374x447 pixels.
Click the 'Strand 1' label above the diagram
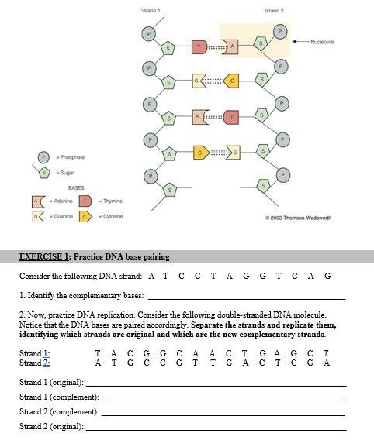click(x=151, y=10)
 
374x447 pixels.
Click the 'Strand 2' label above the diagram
click(x=273, y=10)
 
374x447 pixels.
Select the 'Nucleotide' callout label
click(x=322, y=41)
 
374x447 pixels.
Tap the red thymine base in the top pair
click(x=199, y=48)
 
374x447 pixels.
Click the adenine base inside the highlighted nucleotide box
click(x=231, y=48)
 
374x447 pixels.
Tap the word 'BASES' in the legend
click(x=75, y=188)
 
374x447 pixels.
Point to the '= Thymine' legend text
click(x=109, y=201)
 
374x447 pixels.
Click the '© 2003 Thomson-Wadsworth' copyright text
click(x=298, y=218)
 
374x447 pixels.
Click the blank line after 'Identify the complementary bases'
click(x=246, y=297)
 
